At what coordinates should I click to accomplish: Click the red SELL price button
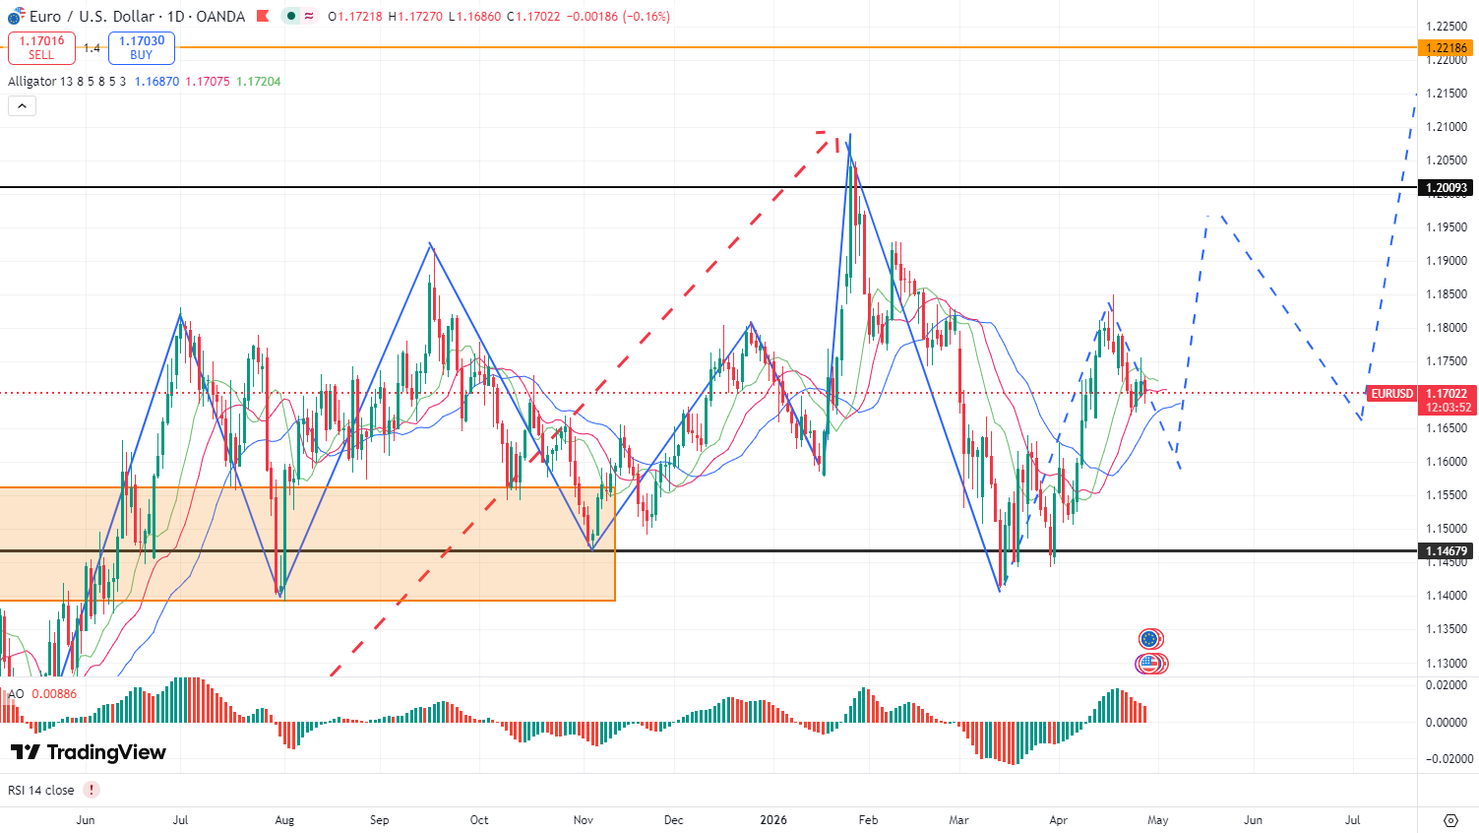[41, 47]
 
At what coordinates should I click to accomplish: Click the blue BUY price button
[142, 47]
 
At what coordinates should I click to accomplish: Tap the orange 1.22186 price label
[1446, 47]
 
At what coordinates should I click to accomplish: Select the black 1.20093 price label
[1446, 188]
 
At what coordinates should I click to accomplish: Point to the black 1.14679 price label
[1446, 551]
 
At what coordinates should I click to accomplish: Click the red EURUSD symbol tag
[1391, 394]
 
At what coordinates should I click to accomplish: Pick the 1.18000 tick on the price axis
[1447, 328]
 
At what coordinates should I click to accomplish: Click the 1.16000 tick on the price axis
[1447, 462]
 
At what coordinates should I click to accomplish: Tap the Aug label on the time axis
[284, 820]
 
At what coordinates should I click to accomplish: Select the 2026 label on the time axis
[773, 820]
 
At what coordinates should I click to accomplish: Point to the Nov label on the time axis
[584, 820]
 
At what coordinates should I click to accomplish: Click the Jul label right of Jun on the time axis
[180, 820]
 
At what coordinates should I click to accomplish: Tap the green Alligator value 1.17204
[258, 82]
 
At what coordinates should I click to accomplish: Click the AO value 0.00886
[54, 694]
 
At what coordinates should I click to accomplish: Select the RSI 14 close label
[41, 790]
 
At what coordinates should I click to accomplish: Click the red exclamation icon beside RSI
[92, 790]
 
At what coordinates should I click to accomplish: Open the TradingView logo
[89, 752]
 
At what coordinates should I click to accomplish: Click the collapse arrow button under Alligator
[22, 105]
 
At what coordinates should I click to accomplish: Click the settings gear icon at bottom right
[1450, 820]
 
